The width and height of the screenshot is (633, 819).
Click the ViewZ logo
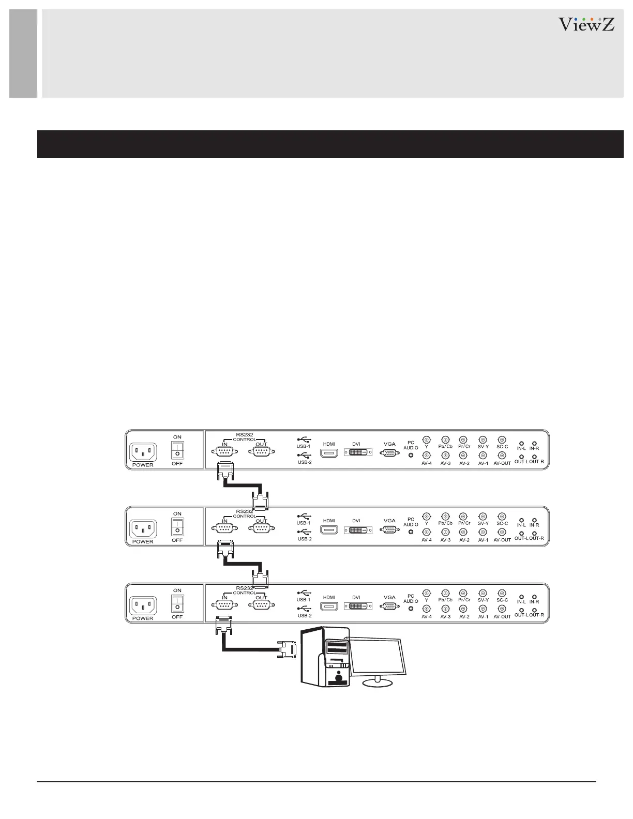[x=586, y=24]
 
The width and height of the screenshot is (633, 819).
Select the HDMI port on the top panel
[x=329, y=453]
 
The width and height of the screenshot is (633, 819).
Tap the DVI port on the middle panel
[x=356, y=530]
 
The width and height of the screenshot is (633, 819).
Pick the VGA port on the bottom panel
[x=389, y=606]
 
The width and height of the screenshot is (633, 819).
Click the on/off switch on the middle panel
[x=177, y=527]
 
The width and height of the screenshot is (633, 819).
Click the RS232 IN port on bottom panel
[x=224, y=605]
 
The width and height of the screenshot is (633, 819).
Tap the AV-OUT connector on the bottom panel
[x=502, y=609]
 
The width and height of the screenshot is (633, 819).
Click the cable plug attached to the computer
[x=288, y=649]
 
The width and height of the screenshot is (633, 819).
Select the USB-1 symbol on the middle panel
[x=304, y=515]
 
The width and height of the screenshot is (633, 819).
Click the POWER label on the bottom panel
[x=143, y=618]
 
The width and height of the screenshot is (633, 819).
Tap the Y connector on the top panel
[x=427, y=439]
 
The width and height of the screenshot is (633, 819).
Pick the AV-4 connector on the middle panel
[x=427, y=532]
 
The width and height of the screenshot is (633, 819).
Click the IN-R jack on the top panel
[x=534, y=443]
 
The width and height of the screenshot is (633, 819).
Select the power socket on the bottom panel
[x=143, y=604]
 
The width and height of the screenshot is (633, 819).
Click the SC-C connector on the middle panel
[x=502, y=516]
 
